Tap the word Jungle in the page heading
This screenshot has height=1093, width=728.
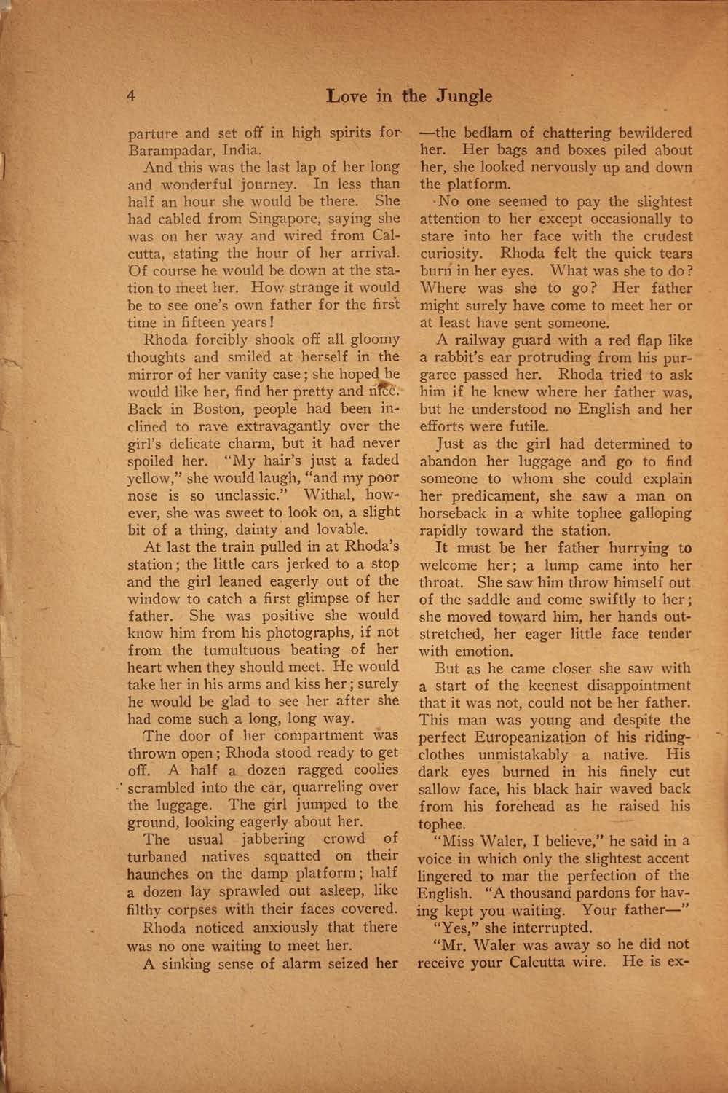click(464, 96)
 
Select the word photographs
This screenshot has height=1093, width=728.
click(320, 632)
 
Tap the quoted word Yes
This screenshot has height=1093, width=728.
click(451, 928)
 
